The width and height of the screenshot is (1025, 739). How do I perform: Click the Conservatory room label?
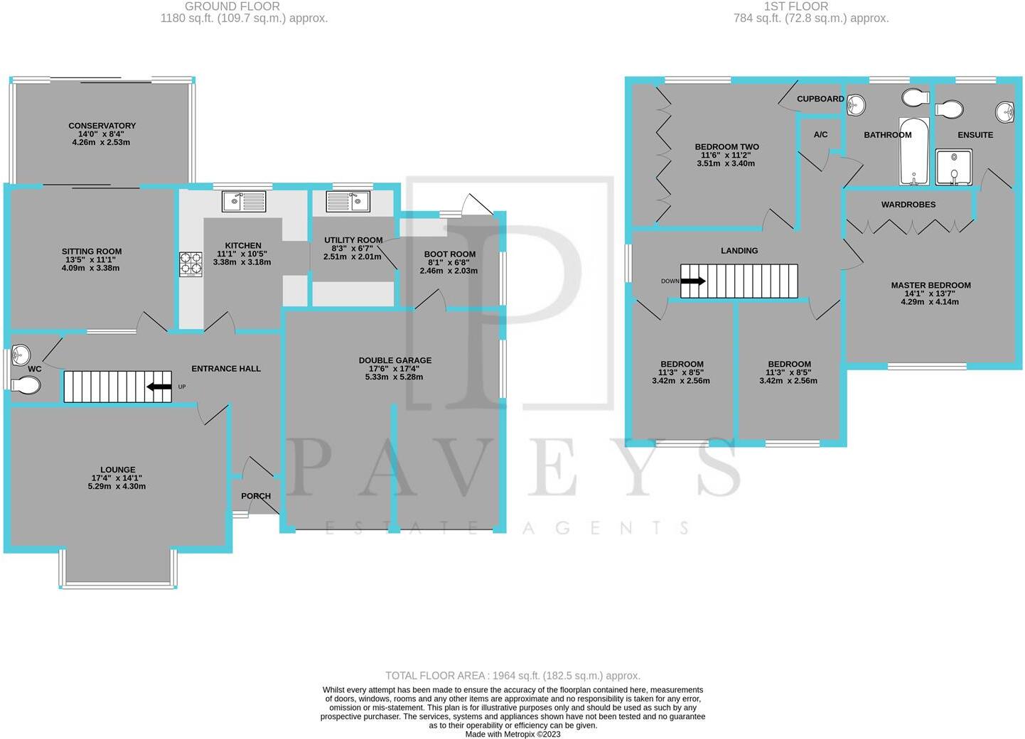(x=102, y=126)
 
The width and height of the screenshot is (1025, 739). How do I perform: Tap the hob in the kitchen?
(x=190, y=264)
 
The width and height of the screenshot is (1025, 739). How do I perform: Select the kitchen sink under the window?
(x=244, y=201)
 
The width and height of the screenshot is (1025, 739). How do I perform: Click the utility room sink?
(x=348, y=201)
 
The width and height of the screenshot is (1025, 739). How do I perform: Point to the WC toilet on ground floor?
(x=26, y=385)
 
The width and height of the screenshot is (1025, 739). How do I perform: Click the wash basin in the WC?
(x=21, y=353)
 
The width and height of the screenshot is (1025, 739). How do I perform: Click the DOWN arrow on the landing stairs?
(x=693, y=281)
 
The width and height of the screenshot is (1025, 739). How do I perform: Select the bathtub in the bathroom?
(x=913, y=151)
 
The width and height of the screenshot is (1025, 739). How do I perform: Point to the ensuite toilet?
(x=949, y=109)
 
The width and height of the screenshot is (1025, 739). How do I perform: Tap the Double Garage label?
(x=395, y=360)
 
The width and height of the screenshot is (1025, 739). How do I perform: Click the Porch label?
(x=256, y=496)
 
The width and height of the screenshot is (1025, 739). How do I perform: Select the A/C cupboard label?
(x=820, y=134)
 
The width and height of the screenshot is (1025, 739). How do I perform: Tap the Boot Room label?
(x=449, y=254)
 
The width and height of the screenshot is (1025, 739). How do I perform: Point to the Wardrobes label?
(x=908, y=205)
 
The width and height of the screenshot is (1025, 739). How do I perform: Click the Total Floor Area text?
(x=512, y=676)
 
